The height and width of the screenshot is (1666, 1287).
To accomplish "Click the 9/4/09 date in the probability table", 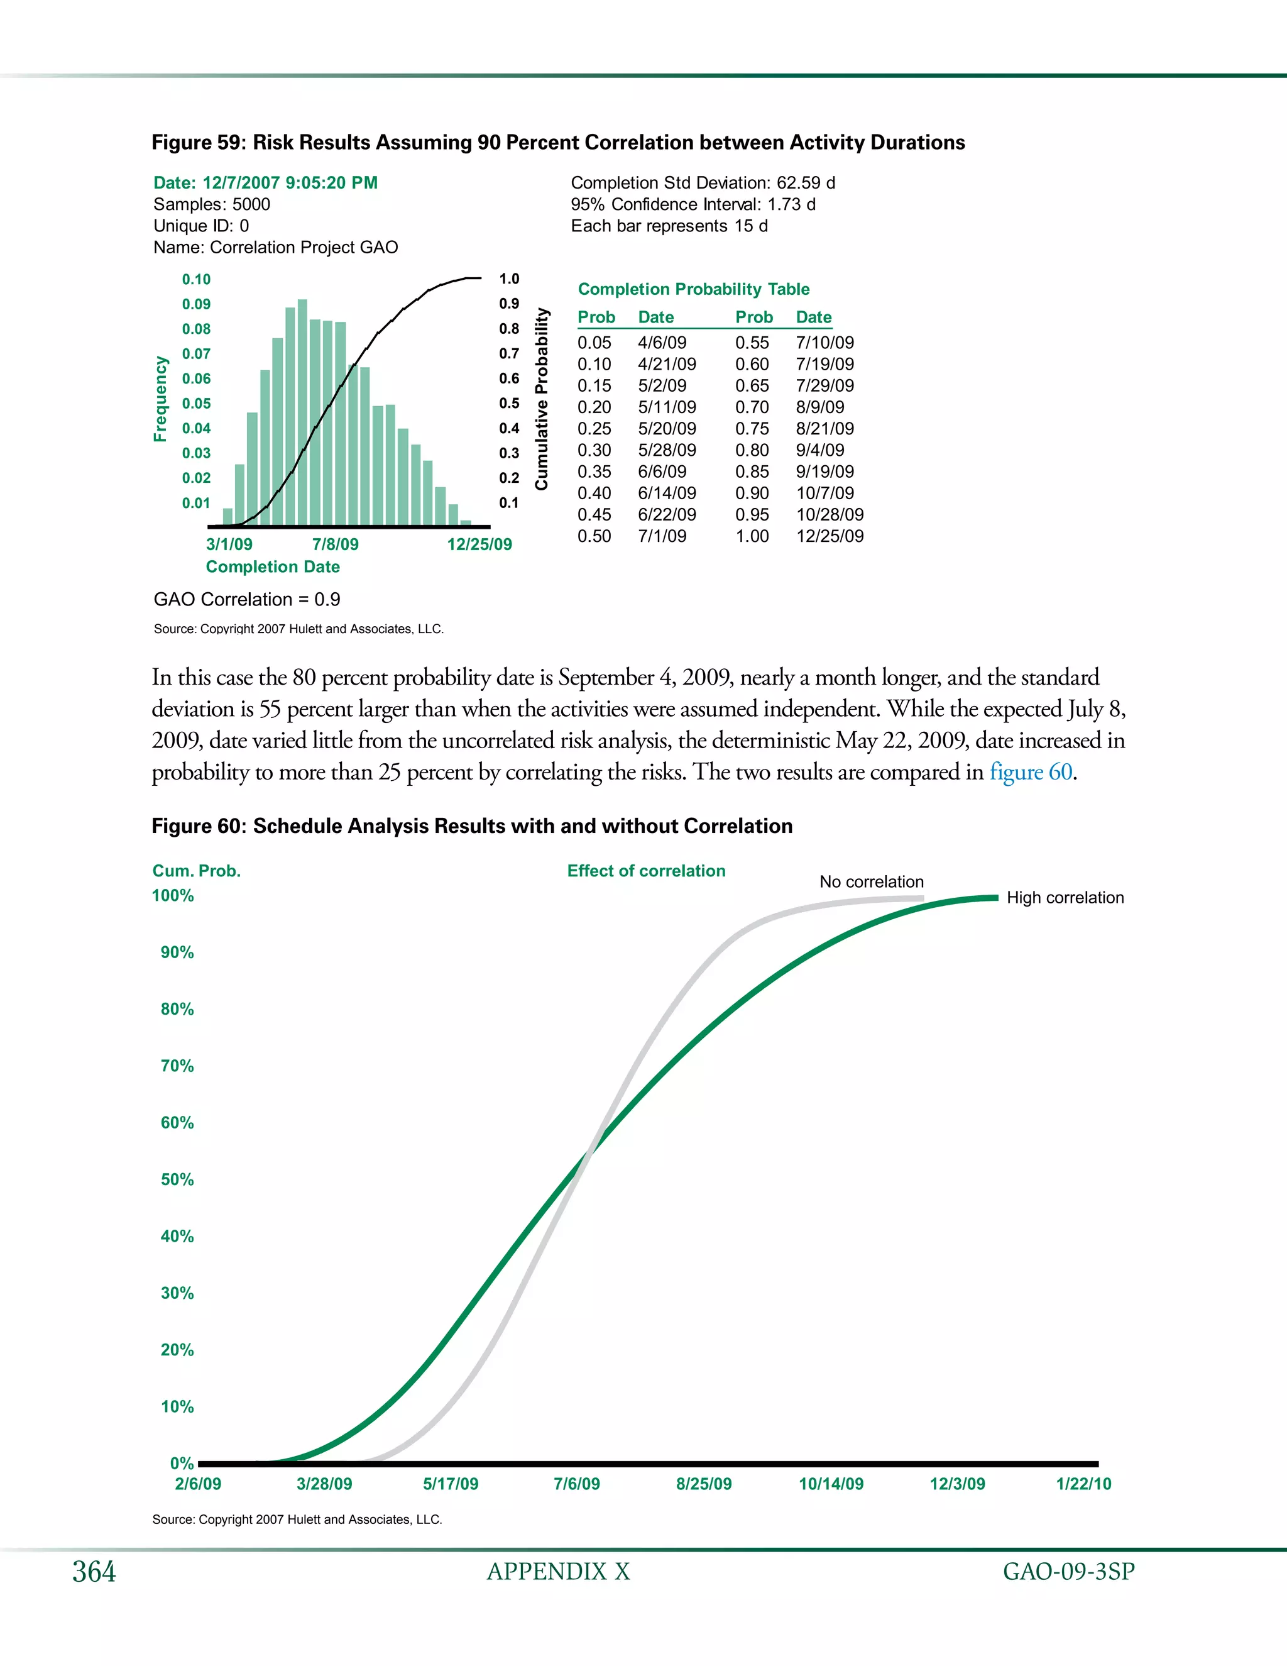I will (819, 450).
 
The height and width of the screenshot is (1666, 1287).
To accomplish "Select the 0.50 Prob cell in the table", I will (594, 536).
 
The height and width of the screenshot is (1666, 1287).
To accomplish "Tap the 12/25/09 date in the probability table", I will (830, 536).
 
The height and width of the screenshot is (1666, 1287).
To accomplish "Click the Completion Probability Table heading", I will (693, 289).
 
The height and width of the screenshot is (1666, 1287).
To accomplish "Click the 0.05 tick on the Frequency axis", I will (196, 404).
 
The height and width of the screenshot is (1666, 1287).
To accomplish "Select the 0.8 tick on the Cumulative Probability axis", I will (508, 329).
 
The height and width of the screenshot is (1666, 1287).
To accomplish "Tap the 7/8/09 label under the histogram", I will (335, 544).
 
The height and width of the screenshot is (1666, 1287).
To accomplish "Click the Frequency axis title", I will (160, 399).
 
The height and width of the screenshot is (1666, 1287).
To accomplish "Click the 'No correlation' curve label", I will (871, 882).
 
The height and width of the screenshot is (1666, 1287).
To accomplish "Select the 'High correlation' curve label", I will (1065, 898).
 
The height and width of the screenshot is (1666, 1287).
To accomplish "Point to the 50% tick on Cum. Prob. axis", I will (177, 1179).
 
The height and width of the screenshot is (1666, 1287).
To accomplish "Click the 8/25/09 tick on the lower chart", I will (703, 1484).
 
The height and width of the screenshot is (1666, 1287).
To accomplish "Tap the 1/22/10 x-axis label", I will (1083, 1484).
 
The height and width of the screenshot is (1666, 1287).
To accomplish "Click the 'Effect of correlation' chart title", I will (646, 871).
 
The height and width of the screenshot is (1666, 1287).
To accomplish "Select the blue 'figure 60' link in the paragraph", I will (1031, 772).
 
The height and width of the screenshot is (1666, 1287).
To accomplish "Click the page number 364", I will (94, 1572).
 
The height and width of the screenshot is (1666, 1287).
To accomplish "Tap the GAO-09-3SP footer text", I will (1068, 1572).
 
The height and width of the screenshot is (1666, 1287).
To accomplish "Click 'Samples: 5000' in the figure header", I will (211, 204).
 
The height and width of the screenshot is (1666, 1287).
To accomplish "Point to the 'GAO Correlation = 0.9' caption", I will (247, 600).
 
